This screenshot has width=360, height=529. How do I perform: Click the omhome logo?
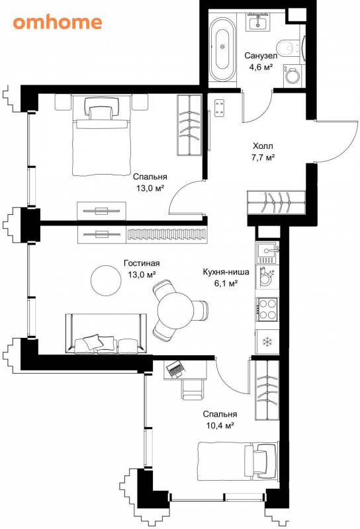(x=58, y=22)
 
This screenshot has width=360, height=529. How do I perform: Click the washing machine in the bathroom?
(x=292, y=75)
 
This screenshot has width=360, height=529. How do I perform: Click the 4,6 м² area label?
(x=261, y=67)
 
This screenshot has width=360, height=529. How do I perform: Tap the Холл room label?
(x=263, y=146)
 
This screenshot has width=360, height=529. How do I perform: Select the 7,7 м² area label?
(x=263, y=157)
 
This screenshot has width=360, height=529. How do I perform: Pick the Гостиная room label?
(x=142, y=263)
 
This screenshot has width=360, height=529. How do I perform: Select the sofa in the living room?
(x=106, y=334)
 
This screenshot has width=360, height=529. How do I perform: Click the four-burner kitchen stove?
(x=268, y=309)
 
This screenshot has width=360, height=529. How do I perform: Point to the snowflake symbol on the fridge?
(x=268, y=342)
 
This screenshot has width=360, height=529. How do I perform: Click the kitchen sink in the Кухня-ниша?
(x=268, y=253)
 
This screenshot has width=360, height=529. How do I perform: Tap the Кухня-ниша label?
(x=226, y=272)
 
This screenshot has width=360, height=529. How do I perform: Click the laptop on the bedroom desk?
(x=175, y=368)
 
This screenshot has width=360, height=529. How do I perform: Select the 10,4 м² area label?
(x=220, y=425)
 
